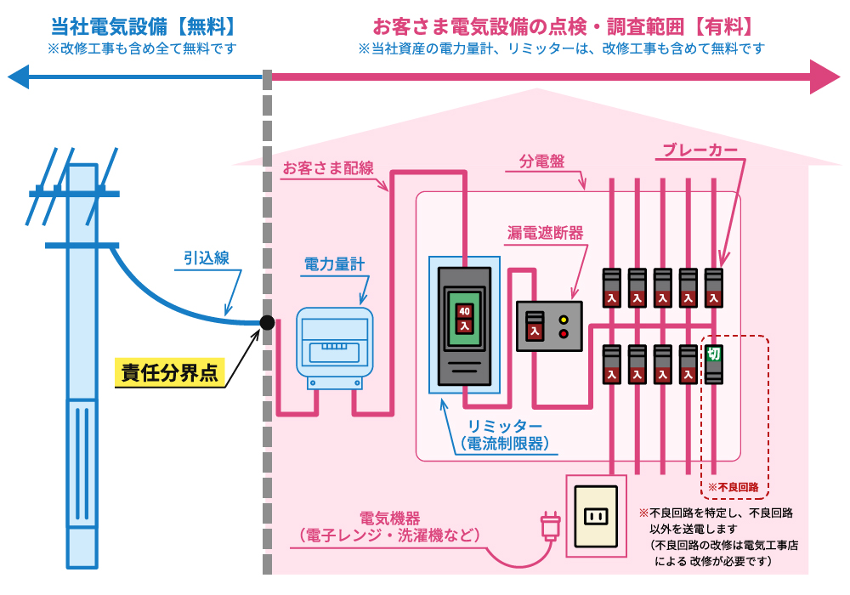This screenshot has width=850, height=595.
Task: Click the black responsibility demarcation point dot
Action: [267, 323]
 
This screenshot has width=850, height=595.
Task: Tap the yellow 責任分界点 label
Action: [169, 372]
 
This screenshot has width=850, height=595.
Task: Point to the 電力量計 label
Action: [334, 265]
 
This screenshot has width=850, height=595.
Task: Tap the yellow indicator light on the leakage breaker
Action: [563, 319]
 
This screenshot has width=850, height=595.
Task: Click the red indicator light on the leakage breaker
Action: [563, 333]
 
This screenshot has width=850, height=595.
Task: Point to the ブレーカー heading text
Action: [700, 151]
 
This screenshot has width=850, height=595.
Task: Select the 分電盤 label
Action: [541, 160]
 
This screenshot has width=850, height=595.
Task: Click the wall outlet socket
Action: [596, 516]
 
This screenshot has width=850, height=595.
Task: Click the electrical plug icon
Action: [550, 526]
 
